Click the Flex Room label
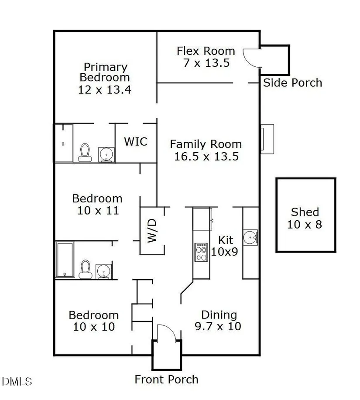(206, 51)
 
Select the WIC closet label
(136, 142)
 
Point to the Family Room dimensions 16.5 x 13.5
(206, 157)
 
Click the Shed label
(305, 212)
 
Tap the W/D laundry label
(151, 230)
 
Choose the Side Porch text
(292, 83)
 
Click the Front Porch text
(166, 379)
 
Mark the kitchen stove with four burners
(202, 252)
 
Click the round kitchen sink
(250, 237)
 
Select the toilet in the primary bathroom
(85, 152)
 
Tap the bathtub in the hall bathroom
(65, 260)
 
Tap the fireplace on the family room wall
(267, 139)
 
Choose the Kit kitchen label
(226, 240)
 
